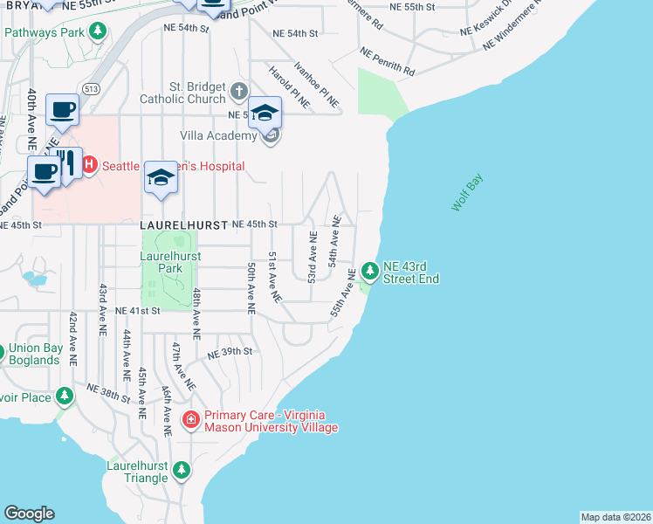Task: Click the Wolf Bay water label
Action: pos(467,193)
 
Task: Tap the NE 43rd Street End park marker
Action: pos(370,272)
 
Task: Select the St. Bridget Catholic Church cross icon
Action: pos(240,91)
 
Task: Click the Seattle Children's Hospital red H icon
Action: pos(88,164)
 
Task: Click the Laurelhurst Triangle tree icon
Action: pos(181,471)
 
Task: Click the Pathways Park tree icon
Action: pos(99,32)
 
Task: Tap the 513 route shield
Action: pos(91,89)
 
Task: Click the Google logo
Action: pos(29,514)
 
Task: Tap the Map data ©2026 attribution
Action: pos(615,517)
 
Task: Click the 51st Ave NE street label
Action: pos(274,277)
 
